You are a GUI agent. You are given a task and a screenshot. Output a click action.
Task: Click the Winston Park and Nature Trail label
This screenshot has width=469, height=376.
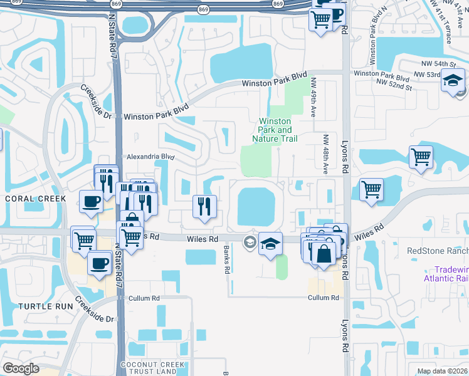click(x=275, y=130)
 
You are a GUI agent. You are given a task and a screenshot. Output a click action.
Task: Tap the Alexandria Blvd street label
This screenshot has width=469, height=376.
click(x=149, y=157)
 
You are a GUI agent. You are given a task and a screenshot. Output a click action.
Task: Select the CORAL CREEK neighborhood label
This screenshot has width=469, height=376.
click(x=34, y=199)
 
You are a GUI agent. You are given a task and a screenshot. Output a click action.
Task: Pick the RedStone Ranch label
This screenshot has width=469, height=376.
click(x=438, y=251)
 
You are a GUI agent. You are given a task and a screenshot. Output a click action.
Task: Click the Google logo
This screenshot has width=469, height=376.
click(x=21, y=368)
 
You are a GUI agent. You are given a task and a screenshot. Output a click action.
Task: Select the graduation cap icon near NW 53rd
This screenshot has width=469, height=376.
click(x=453, y=81)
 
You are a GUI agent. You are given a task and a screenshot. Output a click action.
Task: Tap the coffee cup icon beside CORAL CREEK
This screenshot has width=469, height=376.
click(x=92, y=202)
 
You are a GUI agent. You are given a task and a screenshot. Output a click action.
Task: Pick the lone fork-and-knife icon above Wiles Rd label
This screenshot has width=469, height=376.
click(x=204, y=206)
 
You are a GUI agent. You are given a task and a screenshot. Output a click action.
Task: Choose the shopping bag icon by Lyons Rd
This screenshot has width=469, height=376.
click(x=324, y=254)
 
